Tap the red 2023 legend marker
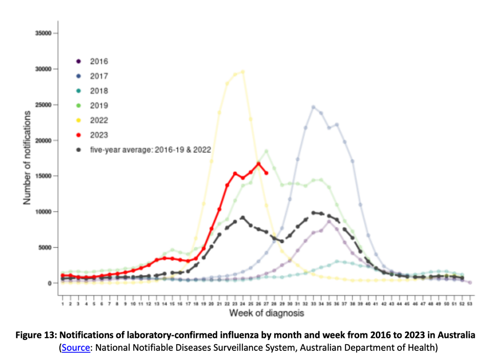(78, 135)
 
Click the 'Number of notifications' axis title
(26, 159)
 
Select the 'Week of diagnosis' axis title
(266, 312)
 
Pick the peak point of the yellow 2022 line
(242, 72)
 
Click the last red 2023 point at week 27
(266, 173)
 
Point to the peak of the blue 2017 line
(313, 107)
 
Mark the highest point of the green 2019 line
(266, 151)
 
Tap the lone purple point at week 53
(470, 282)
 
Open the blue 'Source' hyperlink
(75, 348)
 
